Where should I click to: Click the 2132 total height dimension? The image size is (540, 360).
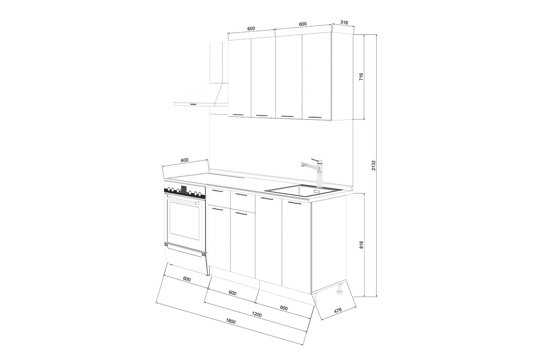373,165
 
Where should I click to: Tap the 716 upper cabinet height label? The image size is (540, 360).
361,77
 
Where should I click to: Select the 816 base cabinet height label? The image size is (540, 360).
361,245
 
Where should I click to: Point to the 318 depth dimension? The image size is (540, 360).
344,22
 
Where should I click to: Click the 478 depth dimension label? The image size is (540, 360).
338,311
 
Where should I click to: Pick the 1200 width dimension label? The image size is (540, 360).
256,314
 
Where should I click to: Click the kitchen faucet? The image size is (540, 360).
314,173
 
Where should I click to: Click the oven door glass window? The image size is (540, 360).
185,220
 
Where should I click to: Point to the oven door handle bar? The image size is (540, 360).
184,200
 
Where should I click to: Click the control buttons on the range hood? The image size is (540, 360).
193,104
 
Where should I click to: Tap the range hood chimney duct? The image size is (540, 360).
219,63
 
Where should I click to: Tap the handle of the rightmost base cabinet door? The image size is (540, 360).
294,203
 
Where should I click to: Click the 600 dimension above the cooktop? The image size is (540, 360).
184,160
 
